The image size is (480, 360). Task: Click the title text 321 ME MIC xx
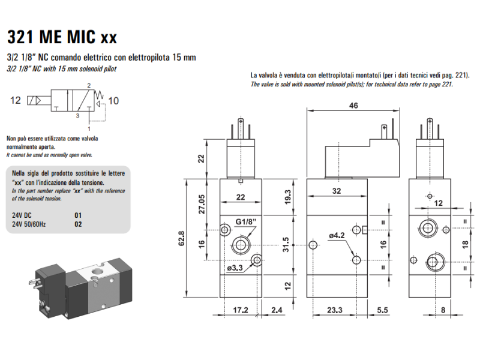click(62, 37)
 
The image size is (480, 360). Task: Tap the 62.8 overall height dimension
click(182, 238)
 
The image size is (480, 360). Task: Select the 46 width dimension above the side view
click(353, 106)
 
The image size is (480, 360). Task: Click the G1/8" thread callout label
click(246, 221)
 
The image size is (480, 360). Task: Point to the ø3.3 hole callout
click(235, 268)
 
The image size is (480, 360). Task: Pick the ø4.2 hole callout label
click(337, 235)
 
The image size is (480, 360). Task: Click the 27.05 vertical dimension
click(202, 204)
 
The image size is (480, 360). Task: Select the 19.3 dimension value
click(287, 197)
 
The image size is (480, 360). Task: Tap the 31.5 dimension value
click(286, 245)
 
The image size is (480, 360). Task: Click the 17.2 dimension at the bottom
click(241, 310)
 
